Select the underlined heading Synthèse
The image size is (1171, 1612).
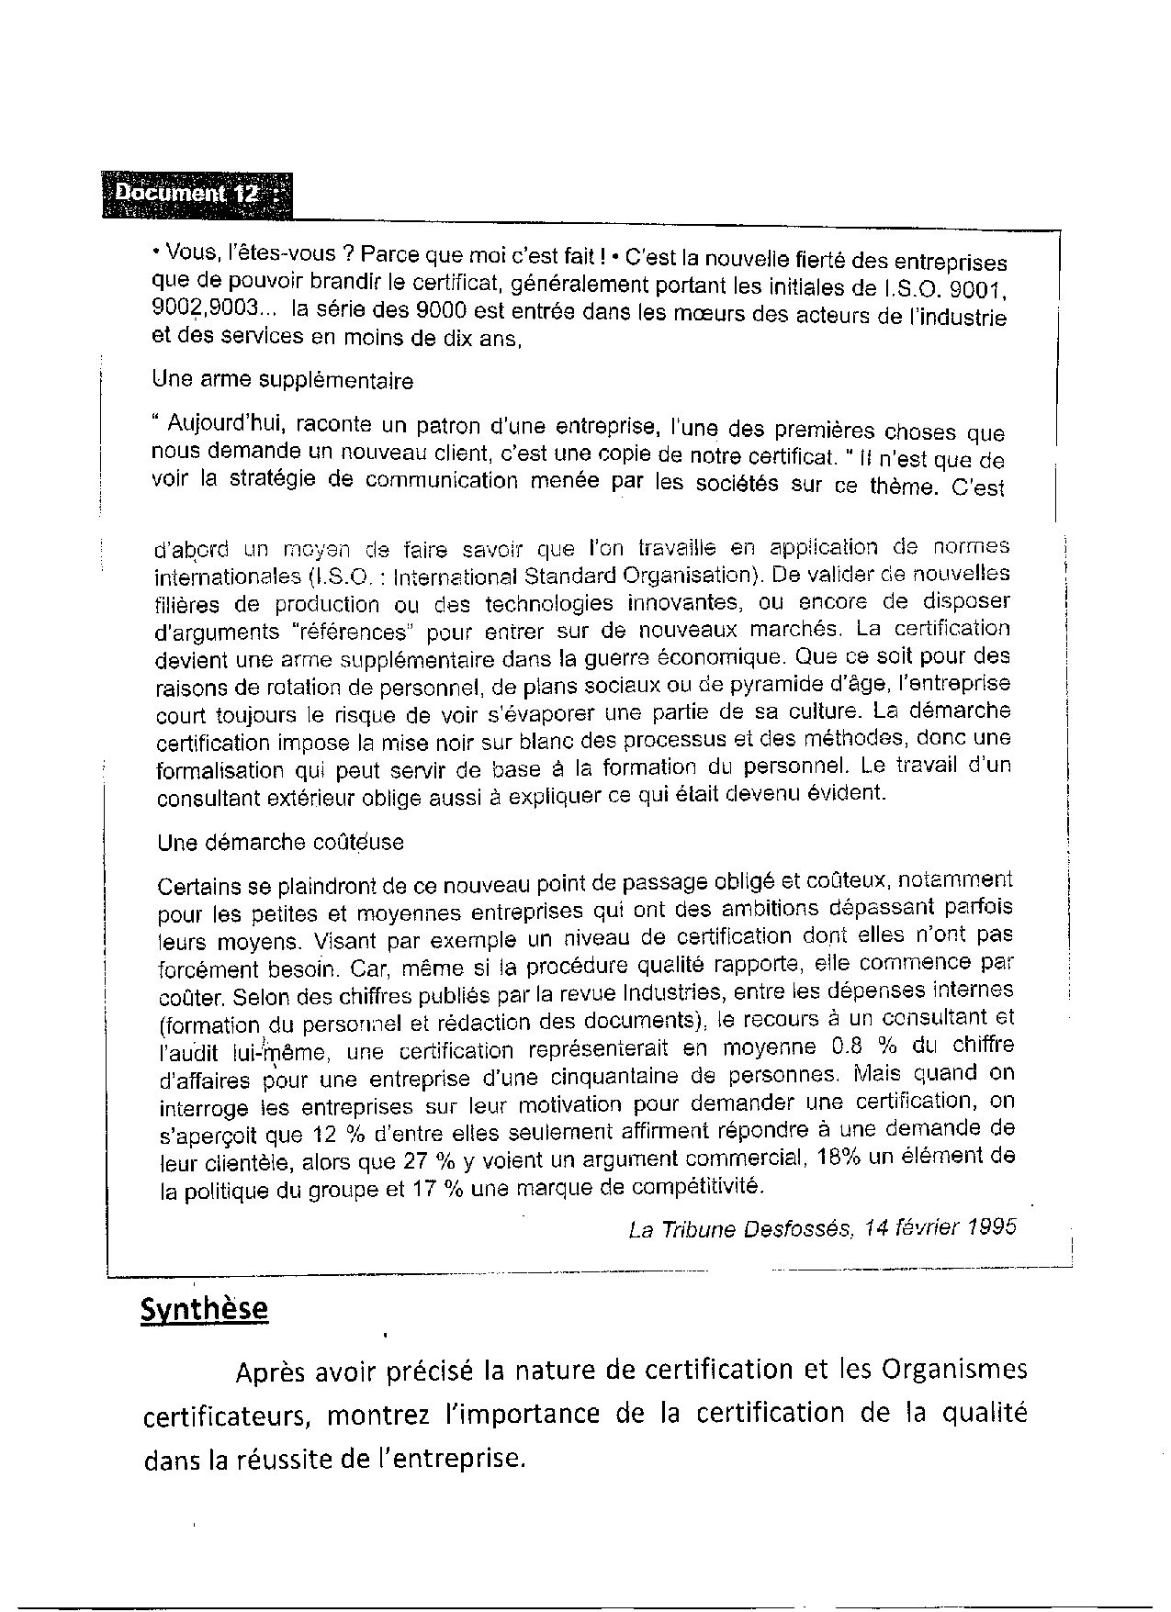(204, 1308)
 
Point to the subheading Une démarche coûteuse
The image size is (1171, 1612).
(280, 842)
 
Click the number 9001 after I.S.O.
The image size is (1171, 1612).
(980, 288)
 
